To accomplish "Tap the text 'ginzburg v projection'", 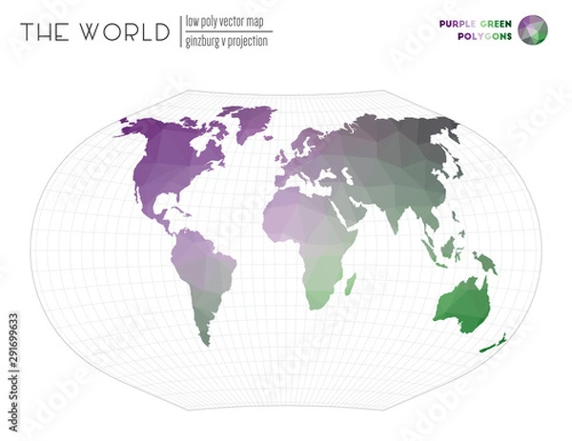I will (x=229, y=41).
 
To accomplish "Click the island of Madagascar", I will (x=350, y=282).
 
